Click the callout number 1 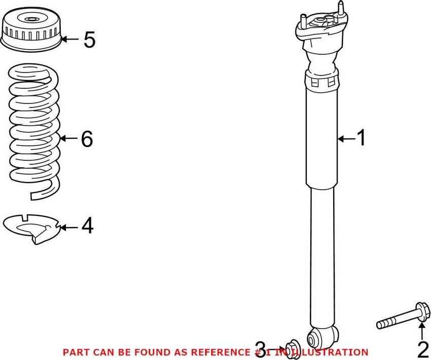361,138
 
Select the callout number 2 422,350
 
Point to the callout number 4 87,226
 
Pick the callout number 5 89,40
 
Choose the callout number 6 87,138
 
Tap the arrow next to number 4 69,227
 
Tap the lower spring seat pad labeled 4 33,227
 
